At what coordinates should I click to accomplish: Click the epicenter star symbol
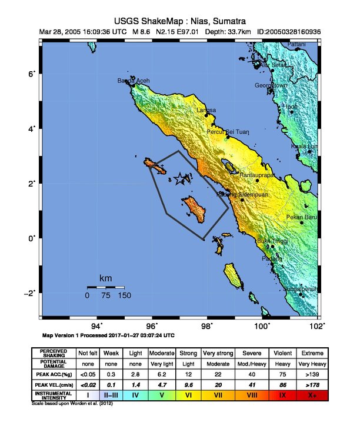click(181, 180)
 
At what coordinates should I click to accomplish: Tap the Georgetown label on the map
click(271, 85)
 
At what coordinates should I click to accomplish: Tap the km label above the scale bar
click(106, 278)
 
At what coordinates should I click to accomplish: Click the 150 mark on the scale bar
click(124, 295)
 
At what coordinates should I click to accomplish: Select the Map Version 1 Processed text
click(109, 335)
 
